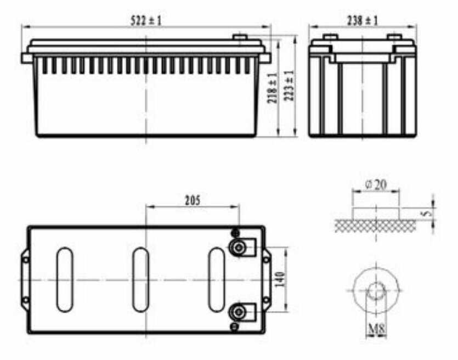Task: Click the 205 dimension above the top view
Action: point(192,200)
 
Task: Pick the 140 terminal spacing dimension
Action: point(281,280)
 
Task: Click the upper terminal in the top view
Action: point(238,248)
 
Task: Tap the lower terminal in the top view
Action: point(238,312)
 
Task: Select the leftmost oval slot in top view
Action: point(65,279)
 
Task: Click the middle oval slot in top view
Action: point(140,279)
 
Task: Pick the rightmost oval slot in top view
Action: point(216,279)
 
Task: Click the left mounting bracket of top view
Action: point(25,279)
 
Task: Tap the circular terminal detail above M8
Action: point(376,289)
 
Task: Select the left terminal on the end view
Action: point(330,37)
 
